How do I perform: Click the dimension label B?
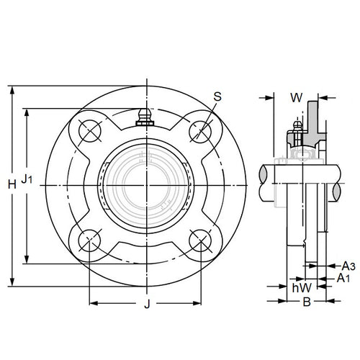(305, 303)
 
